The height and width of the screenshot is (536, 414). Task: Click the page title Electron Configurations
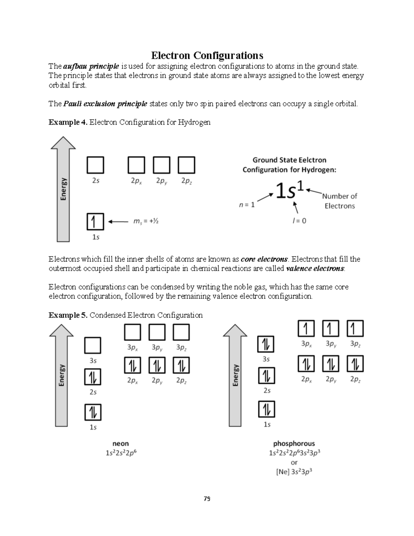[207, 56]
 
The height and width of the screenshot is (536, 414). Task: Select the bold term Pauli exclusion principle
[105, 104]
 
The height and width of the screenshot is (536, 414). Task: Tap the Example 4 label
[68, 122]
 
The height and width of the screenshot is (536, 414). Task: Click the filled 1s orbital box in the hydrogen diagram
[95, 222]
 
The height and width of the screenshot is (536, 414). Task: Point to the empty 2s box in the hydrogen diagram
[95, 165]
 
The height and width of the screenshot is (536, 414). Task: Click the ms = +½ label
[146, 221]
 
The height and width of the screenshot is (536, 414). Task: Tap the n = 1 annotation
[247, 205]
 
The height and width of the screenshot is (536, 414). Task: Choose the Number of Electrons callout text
[339, 201]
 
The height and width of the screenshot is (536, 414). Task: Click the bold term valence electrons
[315, 269]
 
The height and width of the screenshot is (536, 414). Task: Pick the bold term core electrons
[264, 259]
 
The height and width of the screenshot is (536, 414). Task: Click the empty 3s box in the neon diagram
[93, 345]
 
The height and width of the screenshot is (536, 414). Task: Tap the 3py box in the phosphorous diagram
[331, 328]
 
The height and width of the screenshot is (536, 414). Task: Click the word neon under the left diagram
[120, 444]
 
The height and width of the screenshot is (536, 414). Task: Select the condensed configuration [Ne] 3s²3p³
[294, 472]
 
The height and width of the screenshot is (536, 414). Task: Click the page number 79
[207, 499]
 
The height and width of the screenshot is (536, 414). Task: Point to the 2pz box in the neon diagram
[181, 366]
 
